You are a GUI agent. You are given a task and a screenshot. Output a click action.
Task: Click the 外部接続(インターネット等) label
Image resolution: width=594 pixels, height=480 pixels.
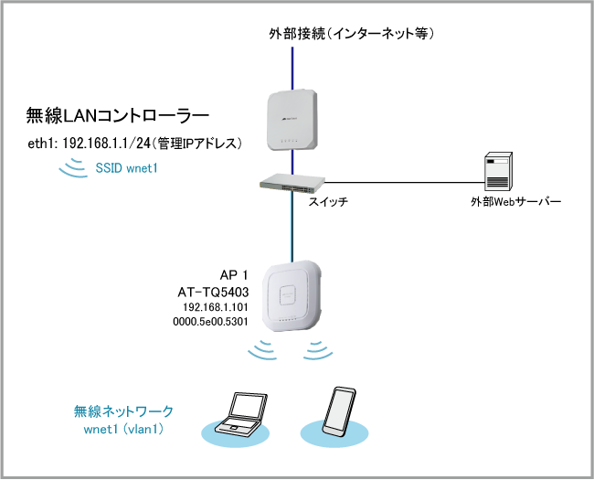351,34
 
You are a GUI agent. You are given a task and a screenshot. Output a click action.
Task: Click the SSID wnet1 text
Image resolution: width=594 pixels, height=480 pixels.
125,169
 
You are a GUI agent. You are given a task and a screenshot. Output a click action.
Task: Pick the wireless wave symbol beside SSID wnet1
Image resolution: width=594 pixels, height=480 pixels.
69,168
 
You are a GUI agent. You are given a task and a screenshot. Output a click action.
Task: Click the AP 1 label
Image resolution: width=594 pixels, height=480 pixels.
235,275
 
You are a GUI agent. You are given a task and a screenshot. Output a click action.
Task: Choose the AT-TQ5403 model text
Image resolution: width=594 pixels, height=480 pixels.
214,292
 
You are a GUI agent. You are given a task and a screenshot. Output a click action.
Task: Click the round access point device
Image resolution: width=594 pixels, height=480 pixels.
292,297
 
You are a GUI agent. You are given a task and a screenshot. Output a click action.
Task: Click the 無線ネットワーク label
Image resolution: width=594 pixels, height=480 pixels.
123,411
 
